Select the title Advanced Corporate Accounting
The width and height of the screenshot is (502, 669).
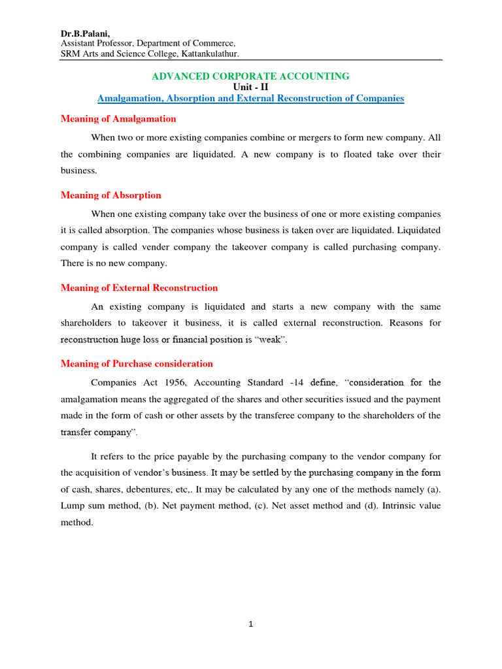point(250,76)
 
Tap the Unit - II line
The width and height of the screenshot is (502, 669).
point(250,87)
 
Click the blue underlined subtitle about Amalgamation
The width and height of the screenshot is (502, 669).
point(250,98)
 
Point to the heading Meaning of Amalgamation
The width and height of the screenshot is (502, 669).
point(118,119)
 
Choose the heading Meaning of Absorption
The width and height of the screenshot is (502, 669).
point(110,195)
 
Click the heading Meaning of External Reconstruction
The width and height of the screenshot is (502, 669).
point(139,288)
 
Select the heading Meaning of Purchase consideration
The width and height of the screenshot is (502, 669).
point(137,364)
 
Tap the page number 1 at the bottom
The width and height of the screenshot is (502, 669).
point(250,625)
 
